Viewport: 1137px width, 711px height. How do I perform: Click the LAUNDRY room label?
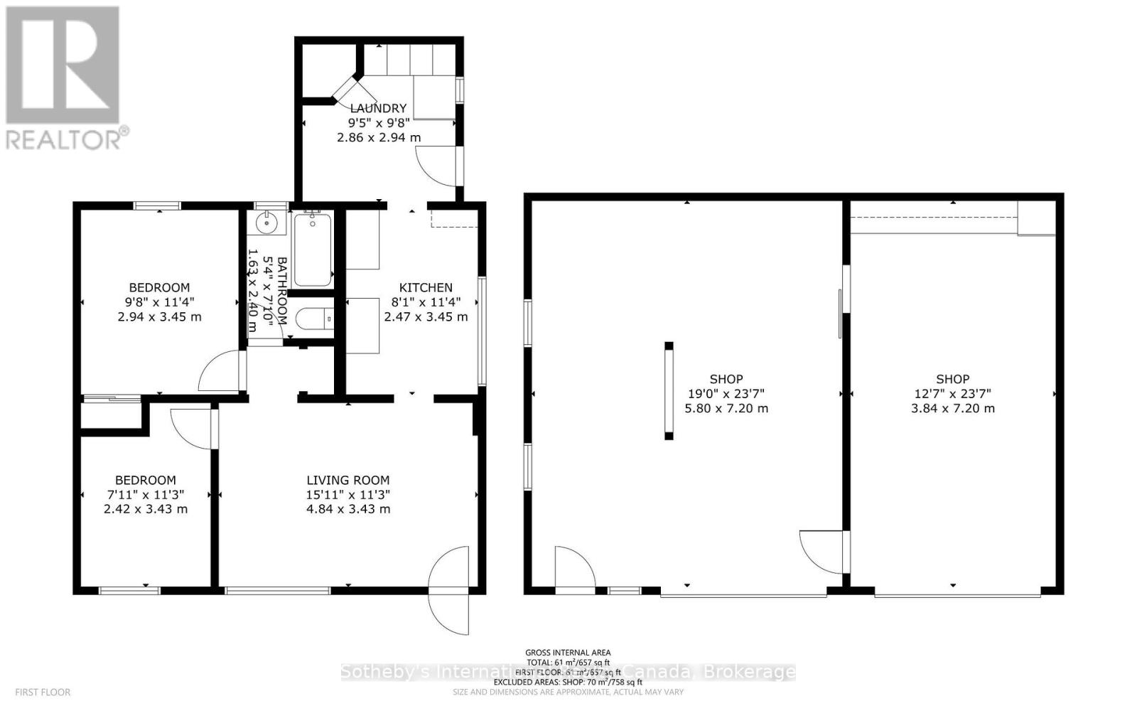[378, 108]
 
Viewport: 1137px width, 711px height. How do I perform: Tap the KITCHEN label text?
[426, 287]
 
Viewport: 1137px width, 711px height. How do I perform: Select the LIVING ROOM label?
[348, 480]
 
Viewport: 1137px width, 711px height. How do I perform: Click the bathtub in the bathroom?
[312, 249]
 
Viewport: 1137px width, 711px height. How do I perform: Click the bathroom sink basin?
[268, 222]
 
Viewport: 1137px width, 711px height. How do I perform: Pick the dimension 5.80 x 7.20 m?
[726, 408]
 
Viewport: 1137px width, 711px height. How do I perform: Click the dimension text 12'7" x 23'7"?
[952, 393]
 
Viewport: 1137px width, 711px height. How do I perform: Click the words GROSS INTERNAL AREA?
[567, 652]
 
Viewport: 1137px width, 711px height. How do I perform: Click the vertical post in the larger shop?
[669, 390]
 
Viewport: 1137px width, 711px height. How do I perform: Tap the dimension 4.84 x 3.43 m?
[348, 509]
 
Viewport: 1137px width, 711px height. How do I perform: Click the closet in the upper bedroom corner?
[112, 415]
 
